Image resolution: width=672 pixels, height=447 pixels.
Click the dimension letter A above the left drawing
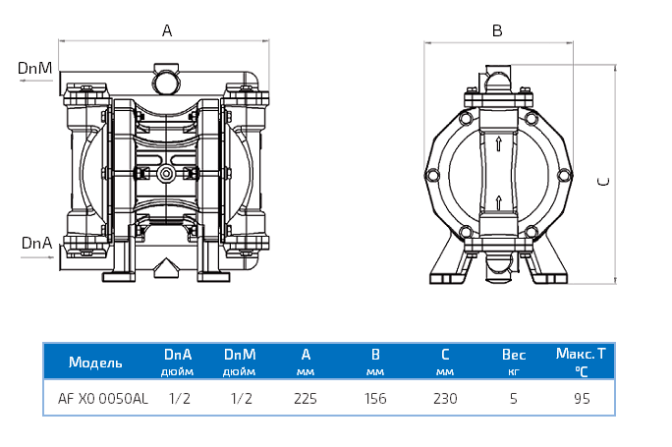pyautogui.click(x=167, y=30)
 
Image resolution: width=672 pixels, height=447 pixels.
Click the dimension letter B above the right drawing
pyautogui.click(x=497, y=30)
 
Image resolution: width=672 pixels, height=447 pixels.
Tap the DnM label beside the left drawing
pyautogui.click(x=34, y=68)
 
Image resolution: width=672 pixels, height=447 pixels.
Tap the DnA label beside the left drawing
pyautogui.click(x=34, y=243)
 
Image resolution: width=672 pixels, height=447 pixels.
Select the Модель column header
pyautogui.click(x=95, y=362)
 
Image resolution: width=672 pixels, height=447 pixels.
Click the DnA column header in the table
pyautogui.click(x=178, y=354)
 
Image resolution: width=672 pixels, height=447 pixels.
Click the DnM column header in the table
pyautogui.click(x=240, y=354)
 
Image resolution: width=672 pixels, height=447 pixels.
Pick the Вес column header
pyautogui.click(x=514, y=354)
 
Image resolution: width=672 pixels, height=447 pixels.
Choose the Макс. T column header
pyautogui.click(x=581, y=354)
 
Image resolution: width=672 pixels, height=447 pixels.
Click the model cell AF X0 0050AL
pyautogui.click(x=103, y=399)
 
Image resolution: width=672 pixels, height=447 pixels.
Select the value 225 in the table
pyautogui.click(x=306, y=399)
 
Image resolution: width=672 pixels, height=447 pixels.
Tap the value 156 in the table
pyautogui.click(x=375, y=399)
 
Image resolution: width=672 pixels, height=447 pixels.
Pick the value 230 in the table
pyautogui.click(x=444, y=399)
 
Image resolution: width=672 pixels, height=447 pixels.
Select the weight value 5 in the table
pyautogui.click(x=513, y=399)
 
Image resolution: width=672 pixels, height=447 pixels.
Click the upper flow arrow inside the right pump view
pyautogui.click(x=499, y=145)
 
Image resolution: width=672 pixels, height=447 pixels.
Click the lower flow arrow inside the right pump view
pyautogui.click(x=499, y=203)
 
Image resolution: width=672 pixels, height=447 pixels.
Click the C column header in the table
pyautogui.click(x=444, y=354)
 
